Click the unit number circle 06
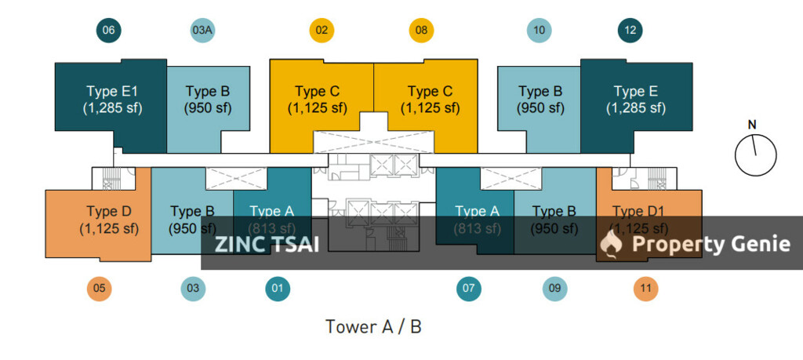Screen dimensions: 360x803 (x=108, y=31)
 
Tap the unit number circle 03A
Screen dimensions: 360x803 (x=202, y=31)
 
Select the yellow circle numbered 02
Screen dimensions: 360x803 (x=321, y=31)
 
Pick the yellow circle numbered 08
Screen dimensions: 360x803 (x=421, y=31)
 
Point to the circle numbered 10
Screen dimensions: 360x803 (x=539, y=31)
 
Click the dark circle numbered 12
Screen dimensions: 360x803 (x=631, y=31)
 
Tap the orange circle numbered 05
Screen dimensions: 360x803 (x=99, y=289)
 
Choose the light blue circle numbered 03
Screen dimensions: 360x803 (x=193, y=289)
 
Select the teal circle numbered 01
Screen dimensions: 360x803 (x=277, y=289)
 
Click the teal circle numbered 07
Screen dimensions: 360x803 (x=469, y=289)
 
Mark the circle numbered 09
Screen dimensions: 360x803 (x=554, y=289)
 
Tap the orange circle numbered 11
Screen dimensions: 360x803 (x=645, y=289)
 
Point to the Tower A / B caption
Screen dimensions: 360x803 (x=373, y=326)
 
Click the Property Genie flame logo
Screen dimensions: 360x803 (x=610, y=244)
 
